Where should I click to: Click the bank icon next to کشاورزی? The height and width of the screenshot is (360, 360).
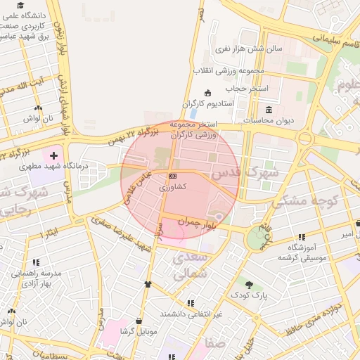[172, 176]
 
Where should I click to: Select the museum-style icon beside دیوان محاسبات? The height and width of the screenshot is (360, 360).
[269, 109]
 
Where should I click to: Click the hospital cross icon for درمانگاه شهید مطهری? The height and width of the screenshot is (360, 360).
[53, 153]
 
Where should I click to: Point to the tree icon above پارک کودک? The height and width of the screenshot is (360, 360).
[250, 283]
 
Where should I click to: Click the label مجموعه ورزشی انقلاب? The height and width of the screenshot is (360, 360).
[229, 70]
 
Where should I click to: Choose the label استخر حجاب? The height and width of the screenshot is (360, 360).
[243, 89]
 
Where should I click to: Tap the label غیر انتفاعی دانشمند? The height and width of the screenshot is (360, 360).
[191, 314]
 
